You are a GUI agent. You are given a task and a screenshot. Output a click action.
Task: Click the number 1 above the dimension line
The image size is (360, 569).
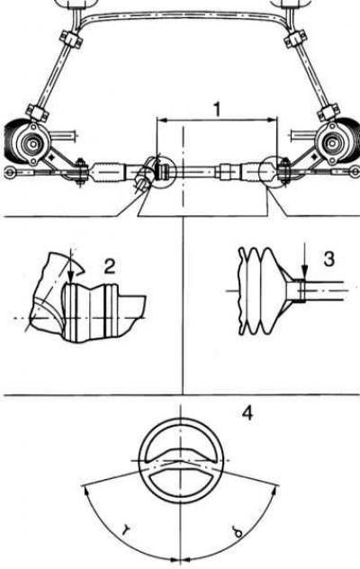pos(217,109)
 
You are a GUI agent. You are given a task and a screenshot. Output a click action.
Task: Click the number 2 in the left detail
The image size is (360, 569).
pos(110,266)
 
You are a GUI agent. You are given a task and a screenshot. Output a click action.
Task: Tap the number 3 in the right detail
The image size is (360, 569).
pos(328,259)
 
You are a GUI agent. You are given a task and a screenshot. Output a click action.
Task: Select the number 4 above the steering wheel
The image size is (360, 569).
pos(247,413)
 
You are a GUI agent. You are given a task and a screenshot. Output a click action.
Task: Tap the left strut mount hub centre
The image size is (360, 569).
pos(32,143)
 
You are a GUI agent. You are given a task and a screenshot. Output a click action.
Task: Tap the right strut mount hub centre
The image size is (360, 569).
pos(332,143)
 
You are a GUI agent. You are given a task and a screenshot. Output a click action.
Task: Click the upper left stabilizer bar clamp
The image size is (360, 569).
pos(69,39)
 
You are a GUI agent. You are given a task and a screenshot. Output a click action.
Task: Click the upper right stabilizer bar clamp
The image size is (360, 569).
pos(295,39)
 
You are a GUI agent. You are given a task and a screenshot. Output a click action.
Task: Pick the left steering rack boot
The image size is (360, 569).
pos(107,172)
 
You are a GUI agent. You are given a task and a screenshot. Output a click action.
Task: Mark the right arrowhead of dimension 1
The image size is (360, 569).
pos(273,120)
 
